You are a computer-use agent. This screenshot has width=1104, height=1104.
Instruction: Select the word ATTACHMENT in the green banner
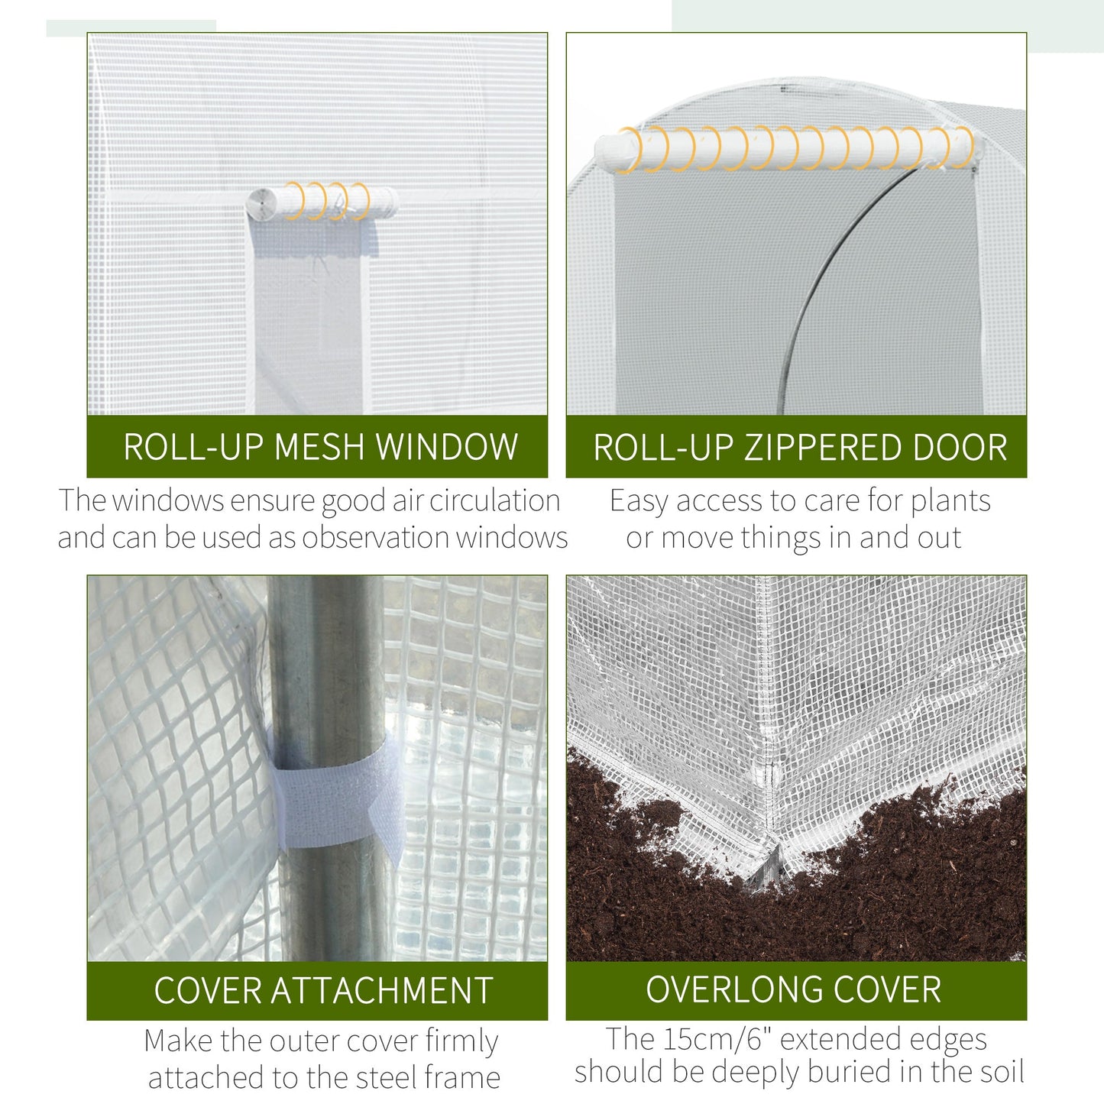coord(382,991)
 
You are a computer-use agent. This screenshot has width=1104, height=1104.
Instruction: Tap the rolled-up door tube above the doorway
coord(787,150)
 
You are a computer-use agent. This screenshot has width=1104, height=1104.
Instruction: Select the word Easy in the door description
coord(639,501)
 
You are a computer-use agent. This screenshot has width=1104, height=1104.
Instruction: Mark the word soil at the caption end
coord(998,1072)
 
